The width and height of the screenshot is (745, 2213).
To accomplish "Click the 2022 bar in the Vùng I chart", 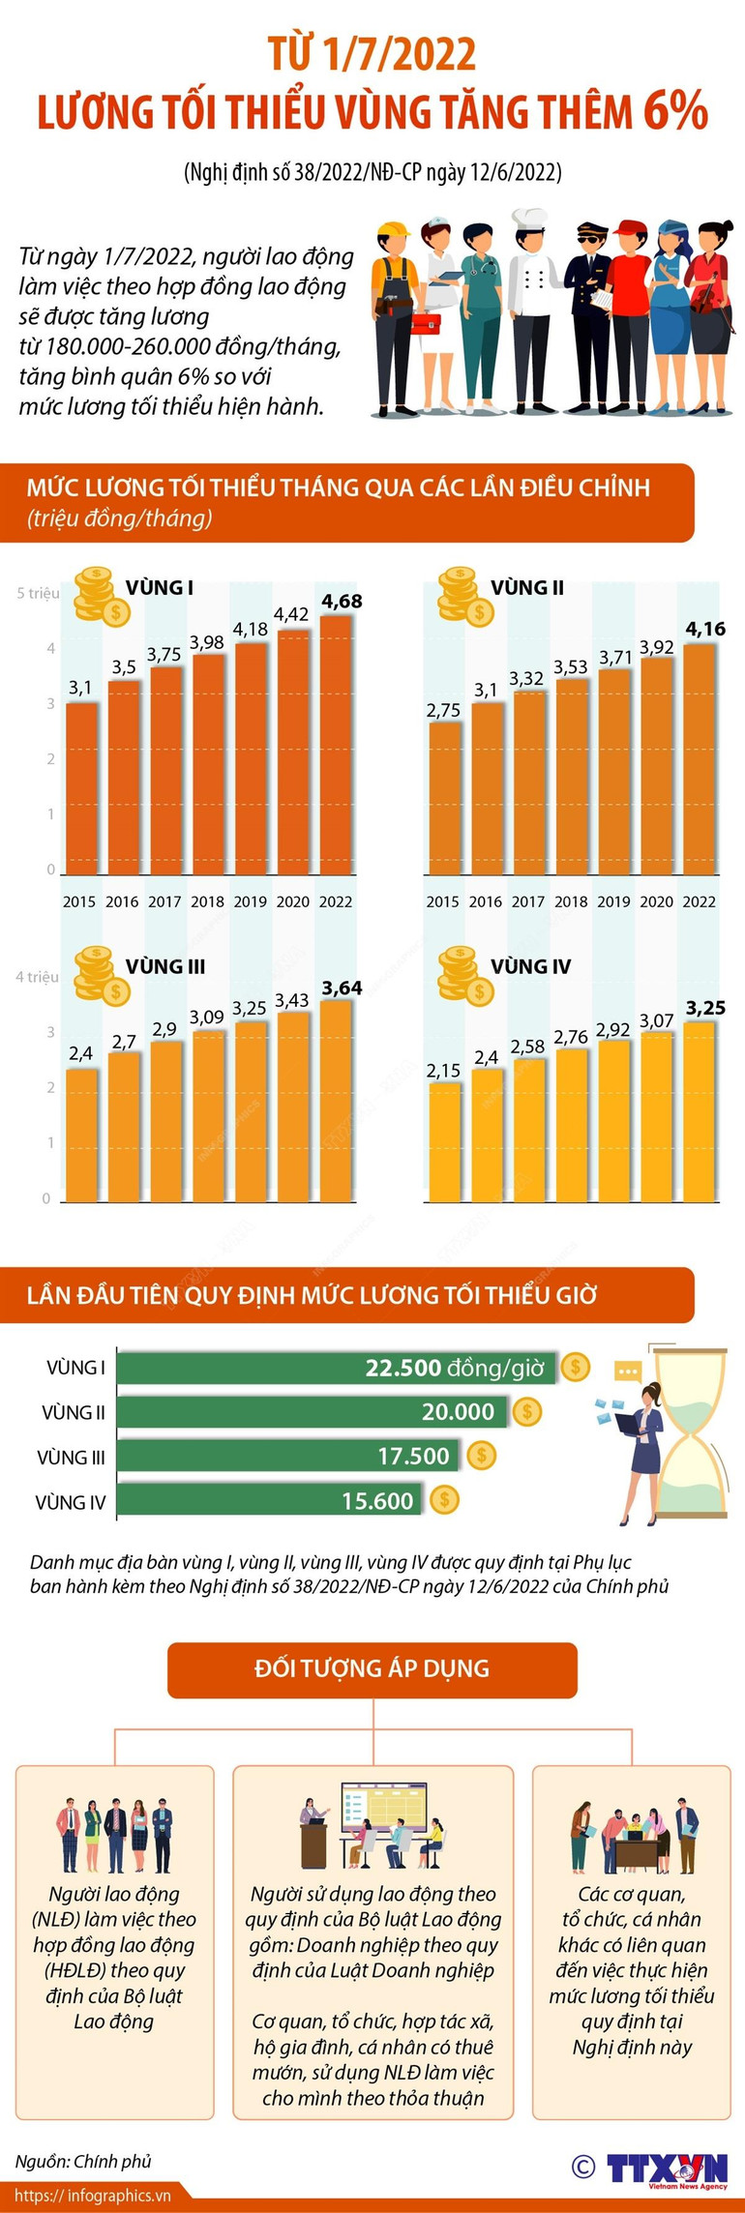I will [336, 745].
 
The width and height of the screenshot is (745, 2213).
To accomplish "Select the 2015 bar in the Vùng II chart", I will [444, 798].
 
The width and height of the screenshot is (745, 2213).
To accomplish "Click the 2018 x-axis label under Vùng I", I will [207, 901].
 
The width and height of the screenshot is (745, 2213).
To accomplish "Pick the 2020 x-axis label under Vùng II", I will [656, 901].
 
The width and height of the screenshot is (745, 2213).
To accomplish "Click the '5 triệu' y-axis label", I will [38, 593].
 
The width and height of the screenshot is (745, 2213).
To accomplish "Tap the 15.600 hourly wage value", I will [377, 1501].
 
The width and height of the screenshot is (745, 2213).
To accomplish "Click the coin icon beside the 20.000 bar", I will [527, 1411].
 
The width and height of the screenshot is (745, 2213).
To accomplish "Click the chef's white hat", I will [529, 219].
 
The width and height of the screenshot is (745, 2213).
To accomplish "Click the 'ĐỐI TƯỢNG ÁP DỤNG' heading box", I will [372, 1668].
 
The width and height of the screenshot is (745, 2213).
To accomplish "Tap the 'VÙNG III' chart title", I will [165, 966].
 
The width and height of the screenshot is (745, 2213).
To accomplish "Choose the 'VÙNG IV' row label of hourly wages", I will [71, 1502].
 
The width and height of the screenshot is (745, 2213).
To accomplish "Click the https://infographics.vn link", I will [93, 2196].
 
